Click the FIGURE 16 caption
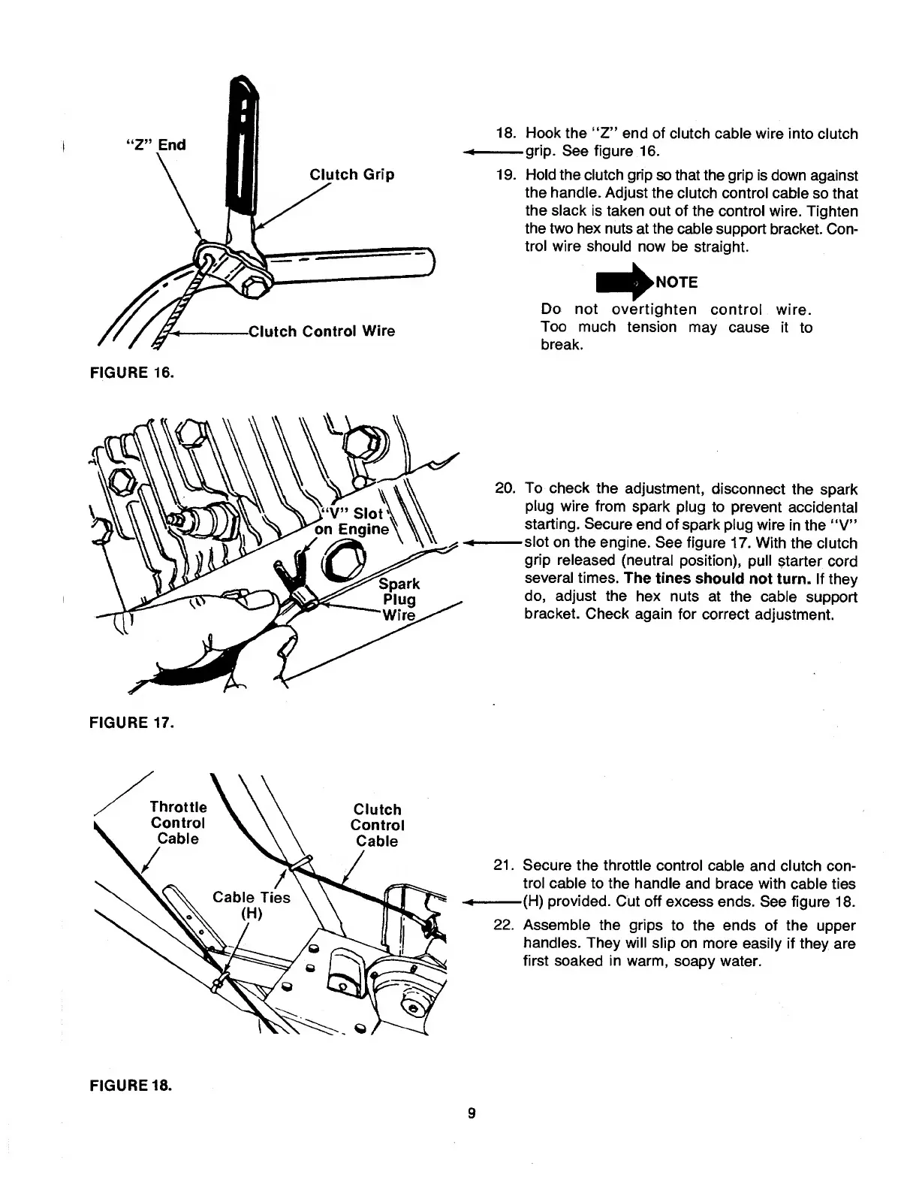click(131, 371)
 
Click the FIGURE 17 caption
click(131, 723)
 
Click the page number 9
click(471, 1113)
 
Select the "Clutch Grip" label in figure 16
click(351, 175)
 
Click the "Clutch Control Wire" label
click(321, 331)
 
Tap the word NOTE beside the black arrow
click(676, 282)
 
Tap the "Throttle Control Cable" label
click(178, 823)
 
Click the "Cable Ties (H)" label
click(251, 905)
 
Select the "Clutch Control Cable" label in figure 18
click(377, 825)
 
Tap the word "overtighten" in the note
click(654, 310)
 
